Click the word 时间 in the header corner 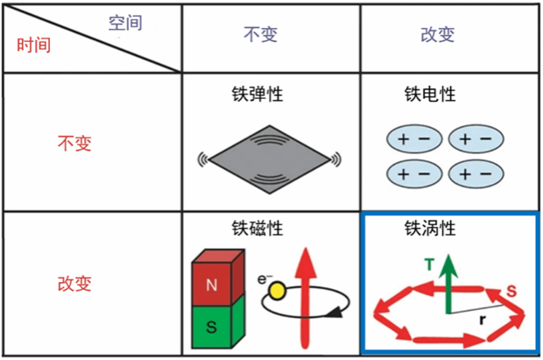click(34, 45)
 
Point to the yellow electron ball click(276, 290)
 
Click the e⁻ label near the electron click(262, 278)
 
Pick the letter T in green click(429, 263)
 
